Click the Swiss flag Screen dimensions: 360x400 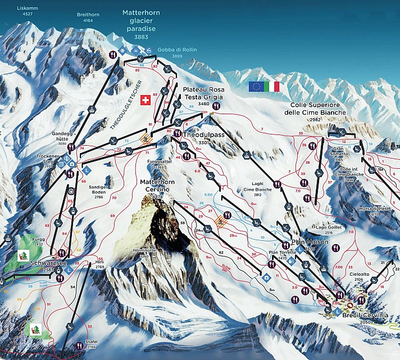click(145, 100)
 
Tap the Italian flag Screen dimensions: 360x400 click(272, 86)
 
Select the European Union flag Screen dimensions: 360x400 click(256, 86)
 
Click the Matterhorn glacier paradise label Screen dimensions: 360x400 click(141, 24)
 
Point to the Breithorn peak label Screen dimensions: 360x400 click(88, 17)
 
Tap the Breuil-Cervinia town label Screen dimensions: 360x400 click(365, 316)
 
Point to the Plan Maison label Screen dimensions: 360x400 click(306, 242)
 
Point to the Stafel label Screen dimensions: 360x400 click(91, 343)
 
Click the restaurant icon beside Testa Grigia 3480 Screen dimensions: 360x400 click(216, 105)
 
